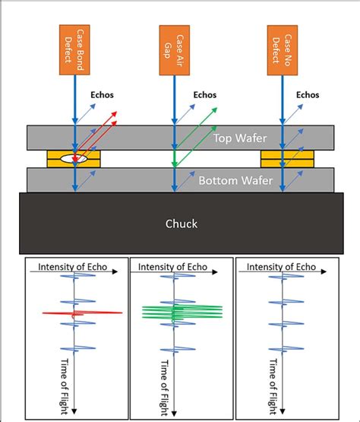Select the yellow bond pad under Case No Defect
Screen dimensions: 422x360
pyautogui.click(x=282, y=159)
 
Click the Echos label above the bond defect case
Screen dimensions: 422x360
pyautogui.click(x=103, y=96)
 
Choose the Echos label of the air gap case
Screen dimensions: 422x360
pyautogui.click(x=204, y=96)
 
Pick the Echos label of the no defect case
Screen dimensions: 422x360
pyautogui.click(x=308, y=96)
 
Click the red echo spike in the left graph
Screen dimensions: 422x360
pyautogui.click(x=80, y=312)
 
